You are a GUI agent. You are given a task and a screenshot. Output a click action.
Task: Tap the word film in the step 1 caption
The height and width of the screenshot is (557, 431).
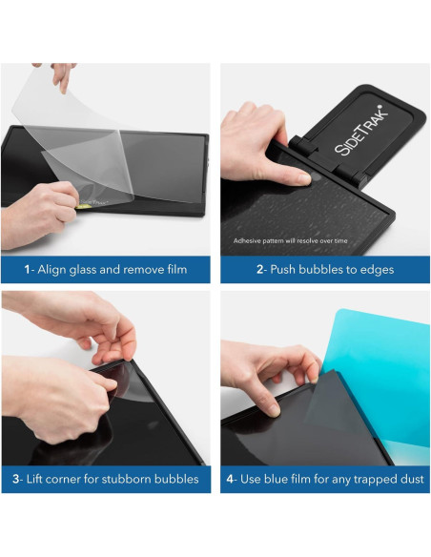(x=173, y=270)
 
